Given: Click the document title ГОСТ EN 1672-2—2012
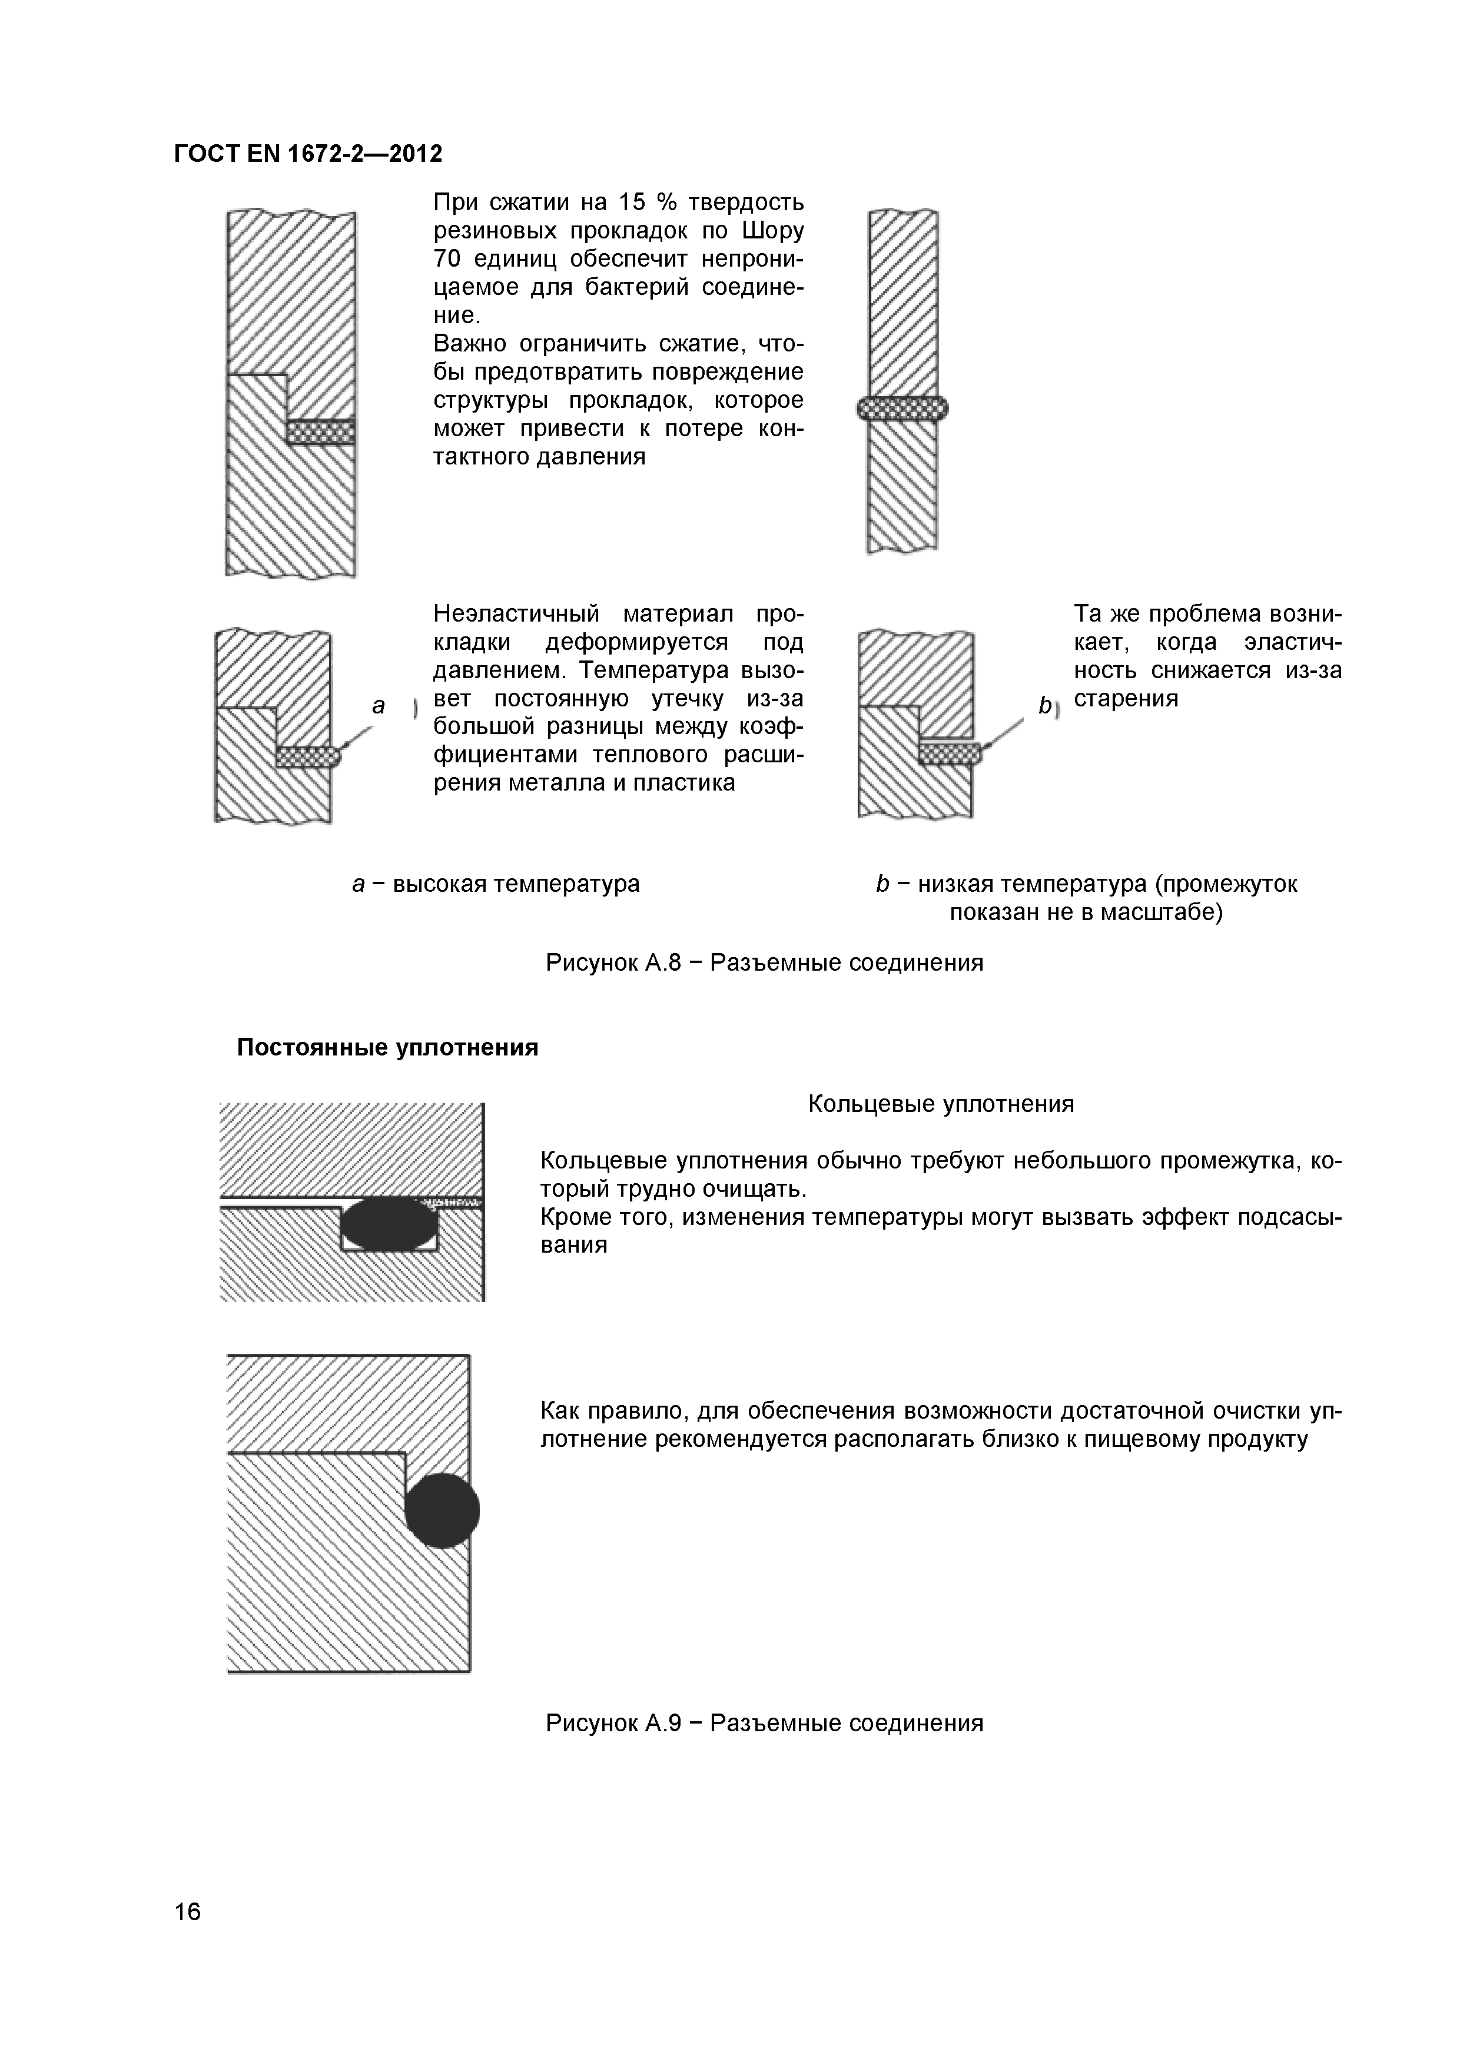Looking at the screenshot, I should click(308, 155).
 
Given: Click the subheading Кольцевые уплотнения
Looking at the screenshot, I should click(940, 1104).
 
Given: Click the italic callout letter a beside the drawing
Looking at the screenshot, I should click(379, 706).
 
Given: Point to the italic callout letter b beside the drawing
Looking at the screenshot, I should click(1044, 706).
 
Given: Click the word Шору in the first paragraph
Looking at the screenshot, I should click(774, 231).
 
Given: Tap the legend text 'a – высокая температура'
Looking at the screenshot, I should click(496, 884).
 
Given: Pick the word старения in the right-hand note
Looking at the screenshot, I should click(1126, 699).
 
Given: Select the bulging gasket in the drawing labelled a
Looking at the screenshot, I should click(308, 757).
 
